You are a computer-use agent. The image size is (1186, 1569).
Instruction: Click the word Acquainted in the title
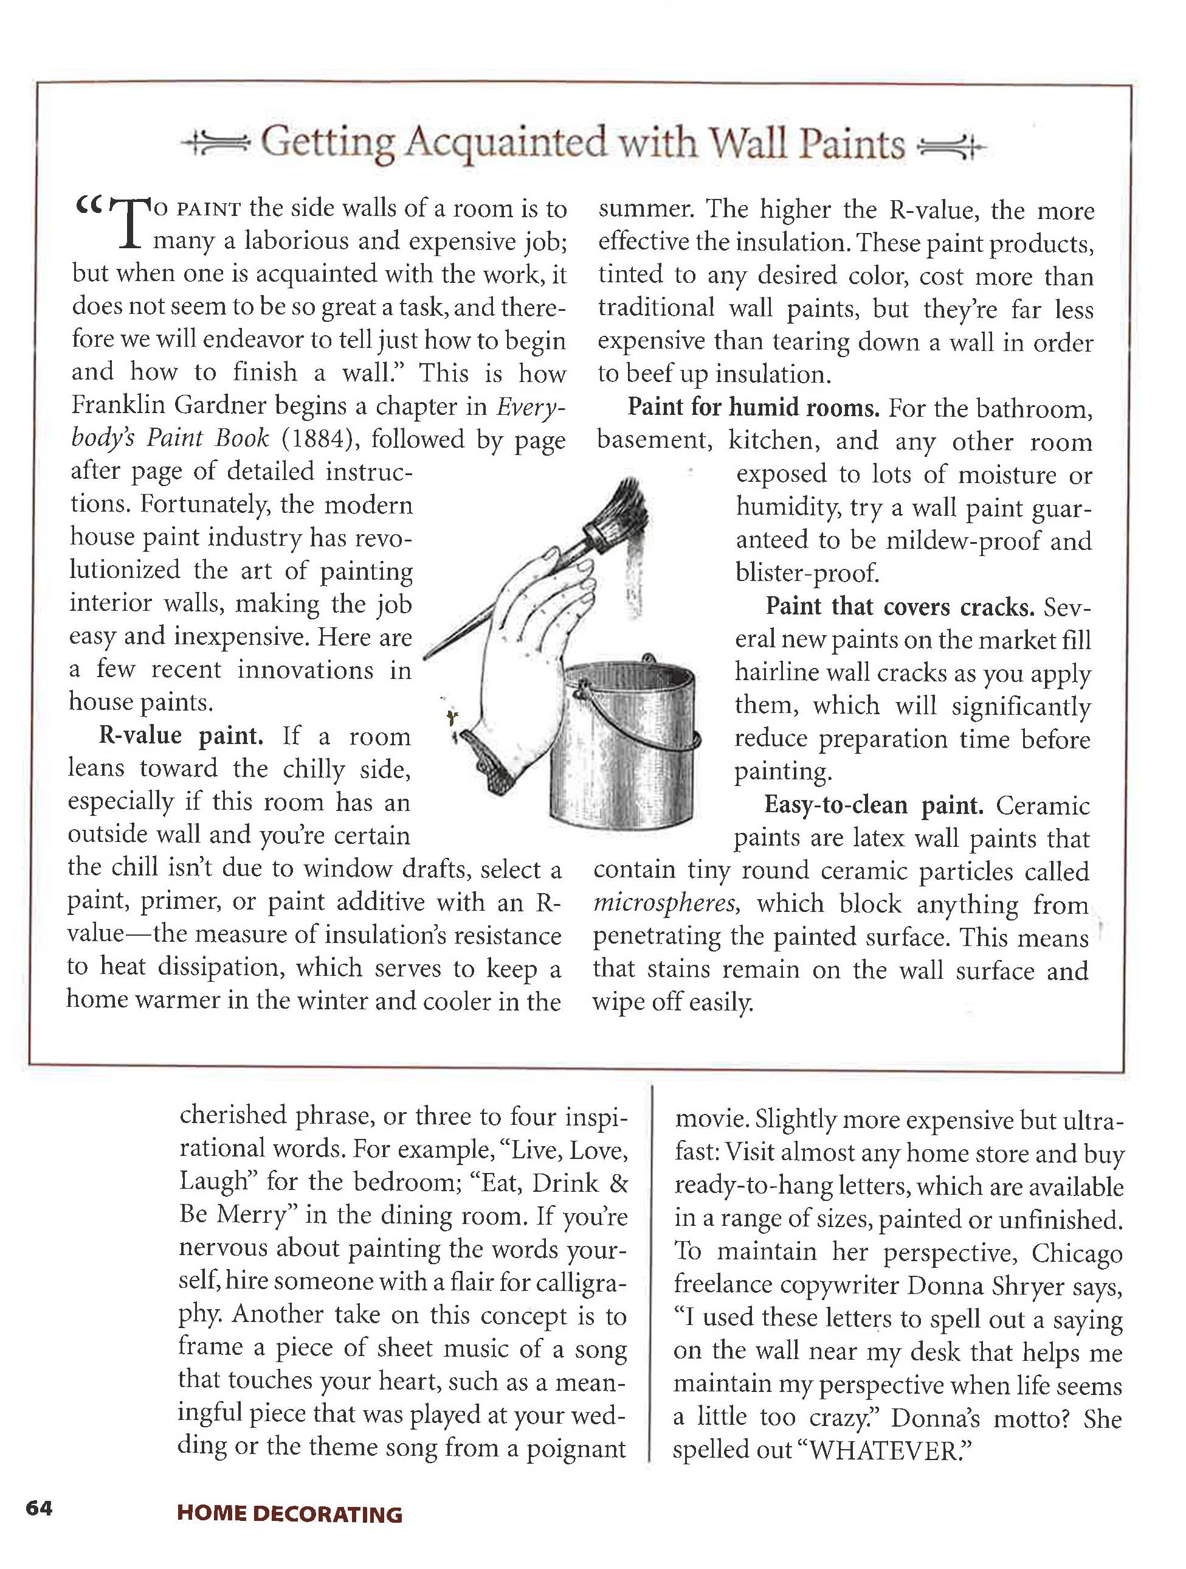click(x=506, y=142)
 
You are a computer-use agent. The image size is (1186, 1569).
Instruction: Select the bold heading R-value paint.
click(x=181, y=736)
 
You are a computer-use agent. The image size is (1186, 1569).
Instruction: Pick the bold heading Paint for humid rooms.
click(x=753, y=407)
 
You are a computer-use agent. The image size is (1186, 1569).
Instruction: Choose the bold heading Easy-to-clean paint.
click(x=874, y=805)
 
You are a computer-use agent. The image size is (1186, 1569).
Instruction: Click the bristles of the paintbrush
click(x=628, y=504)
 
